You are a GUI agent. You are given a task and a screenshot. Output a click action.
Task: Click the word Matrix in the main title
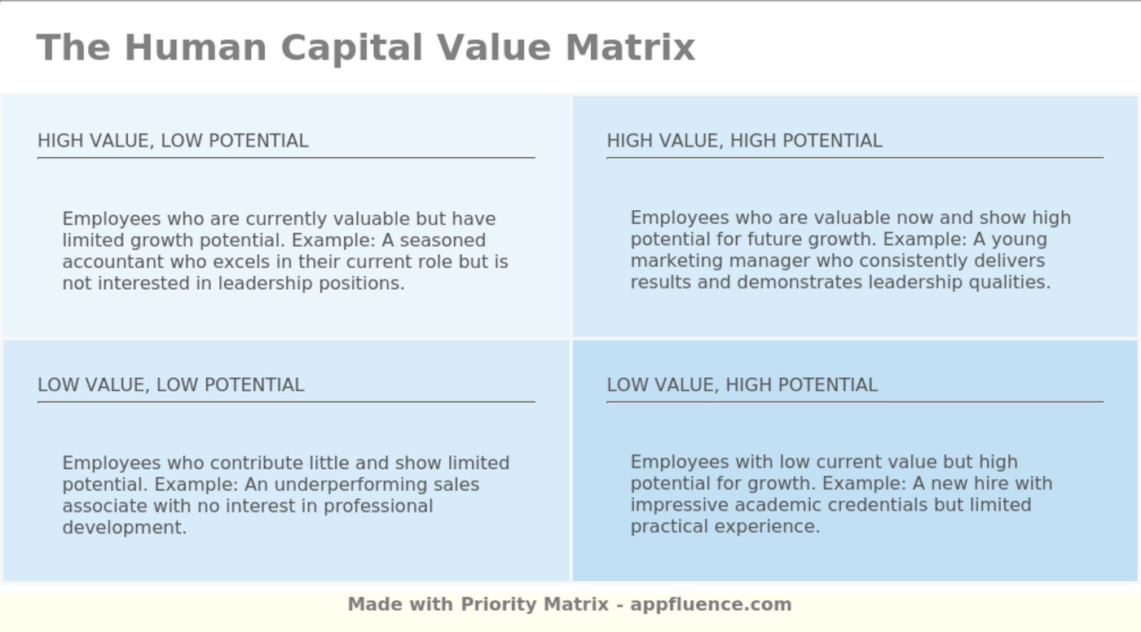click(x=630, y=47)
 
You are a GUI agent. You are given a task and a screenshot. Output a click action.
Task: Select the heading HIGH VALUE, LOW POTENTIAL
click(x=173, y=141)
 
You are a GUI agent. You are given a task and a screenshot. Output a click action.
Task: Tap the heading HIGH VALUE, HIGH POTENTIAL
click(x=744, y=141)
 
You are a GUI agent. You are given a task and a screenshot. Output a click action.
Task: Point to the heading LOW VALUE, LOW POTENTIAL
click(x=170, y=385)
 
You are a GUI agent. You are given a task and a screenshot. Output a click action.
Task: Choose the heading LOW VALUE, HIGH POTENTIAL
click(x=742, y=385)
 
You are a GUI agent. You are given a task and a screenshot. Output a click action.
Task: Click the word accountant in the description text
click(x=104, y=262)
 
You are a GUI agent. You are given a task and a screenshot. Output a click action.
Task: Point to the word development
click(x=124, y=527)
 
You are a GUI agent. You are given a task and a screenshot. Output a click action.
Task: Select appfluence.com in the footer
click(x=711, y=604)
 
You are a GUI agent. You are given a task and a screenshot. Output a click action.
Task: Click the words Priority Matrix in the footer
click(x=535, y=604)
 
